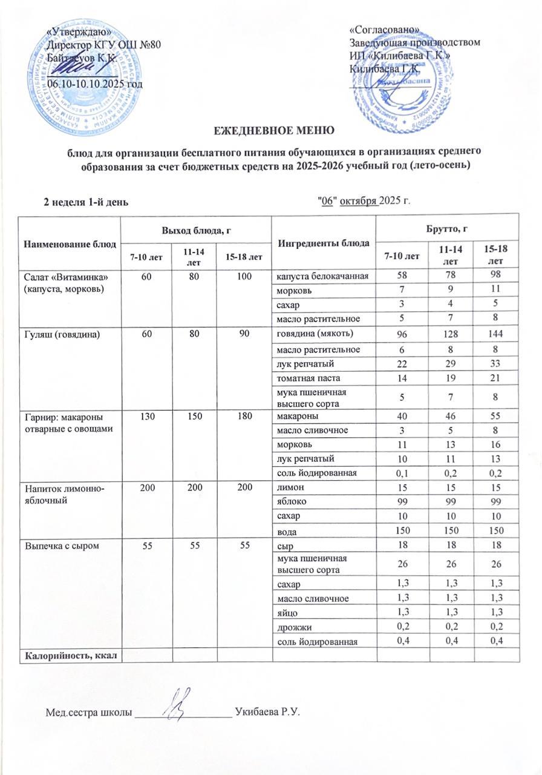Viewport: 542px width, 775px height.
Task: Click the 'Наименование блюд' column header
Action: [x=70, y=243]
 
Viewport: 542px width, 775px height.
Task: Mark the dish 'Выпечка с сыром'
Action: [x=56, y=546]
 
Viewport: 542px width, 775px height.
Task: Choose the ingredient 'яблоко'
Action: [x=290, y=503]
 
